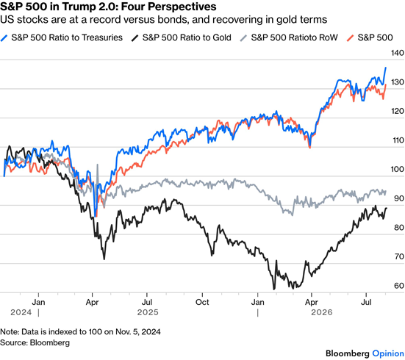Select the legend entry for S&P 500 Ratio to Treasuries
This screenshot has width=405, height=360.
tap(62, 37)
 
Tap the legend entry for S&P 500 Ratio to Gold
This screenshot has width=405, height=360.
tap(182, 37)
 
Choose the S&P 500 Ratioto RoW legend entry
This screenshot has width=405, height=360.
tap(289, 37)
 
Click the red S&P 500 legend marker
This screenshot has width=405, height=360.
tap(350, 38)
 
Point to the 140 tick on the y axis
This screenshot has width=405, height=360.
tap(398, 53)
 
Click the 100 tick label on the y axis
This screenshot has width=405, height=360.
tap(398, 170)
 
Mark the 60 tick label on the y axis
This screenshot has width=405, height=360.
tap(399, 286)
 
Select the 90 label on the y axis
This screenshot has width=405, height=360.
tap(399, 198)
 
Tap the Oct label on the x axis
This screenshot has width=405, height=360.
tap(202, 302)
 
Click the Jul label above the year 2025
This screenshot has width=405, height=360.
tap(147, 302)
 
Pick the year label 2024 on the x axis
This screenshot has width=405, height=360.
tap(21, 312)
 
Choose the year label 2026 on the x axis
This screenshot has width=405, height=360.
tap(321, 312)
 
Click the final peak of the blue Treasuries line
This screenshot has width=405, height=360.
tap(386, 68)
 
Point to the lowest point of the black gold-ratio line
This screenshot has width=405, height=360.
tap(273, 289)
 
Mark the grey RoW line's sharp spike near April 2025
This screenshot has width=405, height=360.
tap(97, 165)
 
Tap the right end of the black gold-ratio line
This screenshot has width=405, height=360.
tap(387, 208)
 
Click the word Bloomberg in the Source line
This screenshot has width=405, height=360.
tap(50, 342)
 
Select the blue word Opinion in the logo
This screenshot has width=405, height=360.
tap(388, 353)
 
